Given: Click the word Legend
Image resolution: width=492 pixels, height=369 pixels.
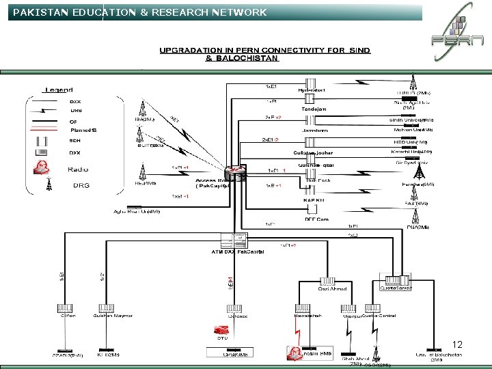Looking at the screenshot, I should pos(59,90).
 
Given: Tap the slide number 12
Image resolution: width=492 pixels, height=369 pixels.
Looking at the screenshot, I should pos(457,344).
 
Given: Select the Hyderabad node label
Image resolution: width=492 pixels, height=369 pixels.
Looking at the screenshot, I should pos(312,90).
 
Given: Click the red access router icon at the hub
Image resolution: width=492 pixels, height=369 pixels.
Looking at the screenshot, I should pos(234,172).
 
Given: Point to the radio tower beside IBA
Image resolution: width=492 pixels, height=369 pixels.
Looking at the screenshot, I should pos(143,108).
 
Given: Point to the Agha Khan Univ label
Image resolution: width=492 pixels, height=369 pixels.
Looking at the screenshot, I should pos(137,211).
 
